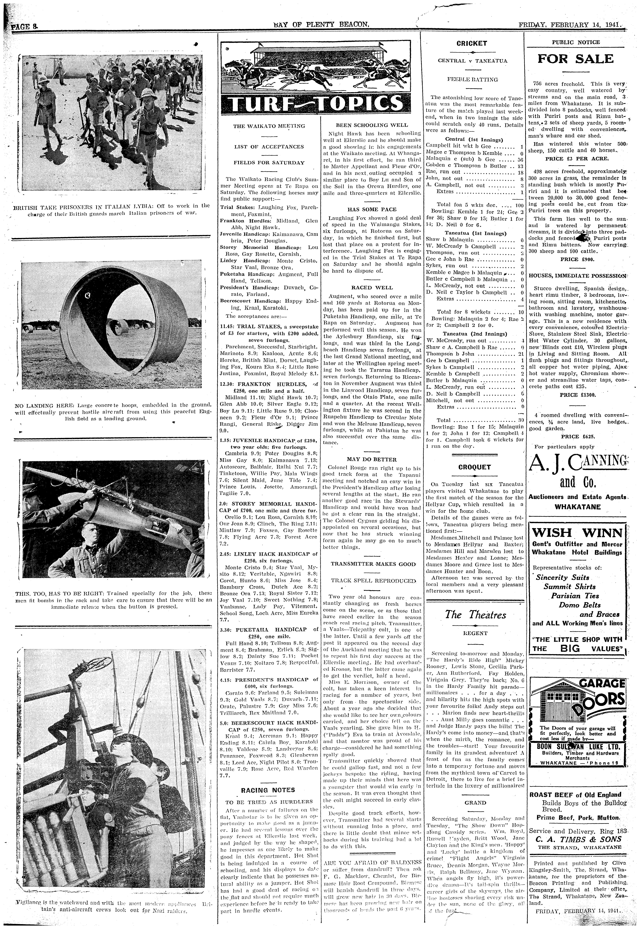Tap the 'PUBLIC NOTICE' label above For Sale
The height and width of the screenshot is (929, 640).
coord(576,42)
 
